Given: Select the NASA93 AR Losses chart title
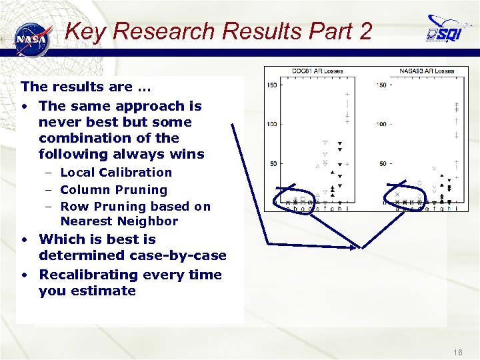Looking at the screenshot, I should [x=426, y=71].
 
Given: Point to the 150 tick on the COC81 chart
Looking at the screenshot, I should [x=272, y=85].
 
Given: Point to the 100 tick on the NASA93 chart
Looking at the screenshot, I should [x=381, y=124].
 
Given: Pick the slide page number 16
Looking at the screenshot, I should [x=457, y=351].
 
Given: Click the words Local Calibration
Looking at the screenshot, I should [x=116, y=172].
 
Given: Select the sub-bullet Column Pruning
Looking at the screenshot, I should [x=113, y=190].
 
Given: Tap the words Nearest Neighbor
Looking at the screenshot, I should [x=119, y=221].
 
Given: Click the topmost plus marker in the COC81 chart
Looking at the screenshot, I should [x=347, y=95].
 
